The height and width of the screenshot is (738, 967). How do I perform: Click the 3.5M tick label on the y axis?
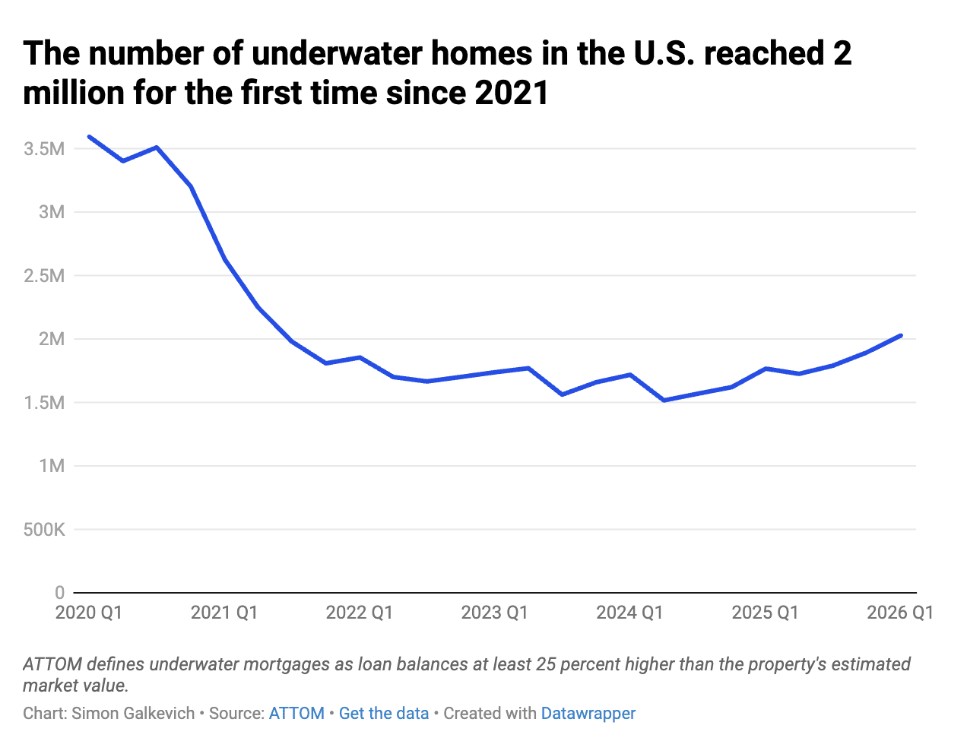(44, 149)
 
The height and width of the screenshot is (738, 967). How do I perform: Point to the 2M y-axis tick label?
(52, 339)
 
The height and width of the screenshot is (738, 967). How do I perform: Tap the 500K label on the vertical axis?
(44, 529)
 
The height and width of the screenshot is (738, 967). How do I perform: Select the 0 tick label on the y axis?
(59, 593)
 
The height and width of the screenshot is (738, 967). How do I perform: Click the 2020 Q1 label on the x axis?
(88, 613)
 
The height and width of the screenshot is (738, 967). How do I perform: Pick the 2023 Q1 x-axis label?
(494, 613)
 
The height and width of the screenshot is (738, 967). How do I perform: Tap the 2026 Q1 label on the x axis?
(900, 613)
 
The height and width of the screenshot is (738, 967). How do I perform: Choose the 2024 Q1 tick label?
(629, 613)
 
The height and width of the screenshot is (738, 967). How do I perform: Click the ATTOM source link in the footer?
(296, 714)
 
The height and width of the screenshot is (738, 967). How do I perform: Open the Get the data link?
(384, 714)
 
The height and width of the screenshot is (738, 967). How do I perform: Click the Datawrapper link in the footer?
(588, 714)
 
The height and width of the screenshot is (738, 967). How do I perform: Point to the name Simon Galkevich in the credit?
(133, 714)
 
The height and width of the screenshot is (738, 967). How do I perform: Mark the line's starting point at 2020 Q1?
(90, 137)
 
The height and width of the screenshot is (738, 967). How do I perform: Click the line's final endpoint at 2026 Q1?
(901, 335)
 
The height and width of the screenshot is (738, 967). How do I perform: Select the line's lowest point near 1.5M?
(664, 401)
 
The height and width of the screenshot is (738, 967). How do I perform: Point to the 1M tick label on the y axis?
(52, 466)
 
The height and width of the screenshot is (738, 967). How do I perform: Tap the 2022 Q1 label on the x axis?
(359, 613)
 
